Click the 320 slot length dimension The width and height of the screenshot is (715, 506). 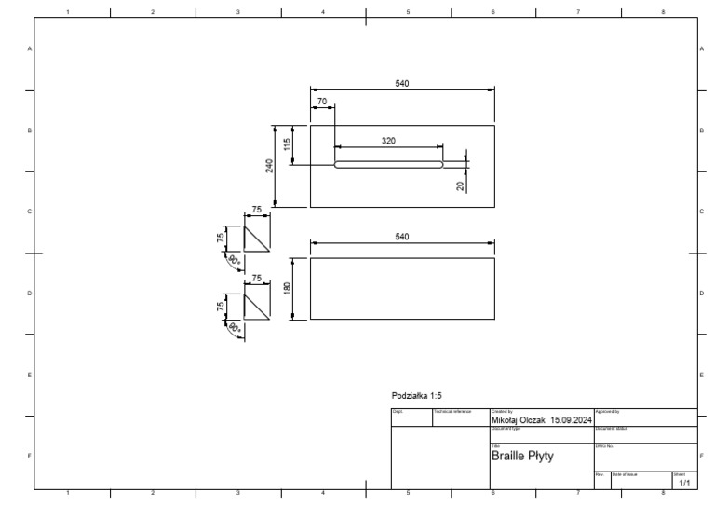pyautogui.click(x=388, y=141)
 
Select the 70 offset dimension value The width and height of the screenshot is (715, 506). pyautogui.click(x=322, y=101)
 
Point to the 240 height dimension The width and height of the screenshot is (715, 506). pyautogui.click(x=269, y=166)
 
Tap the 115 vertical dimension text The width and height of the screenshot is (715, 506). pyautogui.click(x=289, y=144)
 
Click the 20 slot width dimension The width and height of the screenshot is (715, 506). pyautogui.click(x=460, y=185)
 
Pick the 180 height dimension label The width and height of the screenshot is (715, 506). pyautogui.click(x=288, y=289)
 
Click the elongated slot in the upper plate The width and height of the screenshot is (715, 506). pyautogui.click(x=388, y=165)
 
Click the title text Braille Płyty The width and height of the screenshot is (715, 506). pyautogui.click(x=521, y=457)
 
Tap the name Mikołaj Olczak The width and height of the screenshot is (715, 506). pyautogui.click(x=518, y=420)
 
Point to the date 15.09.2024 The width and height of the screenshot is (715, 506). pyautogui.click(x=571, y=420)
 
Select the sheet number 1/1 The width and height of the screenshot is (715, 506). pyautogui.click(x=684, y=484)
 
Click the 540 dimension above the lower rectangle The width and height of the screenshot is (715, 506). pyautogui.click(x=402, y=237)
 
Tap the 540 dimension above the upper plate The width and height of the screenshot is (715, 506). pyautogui.click(x=402, y=84)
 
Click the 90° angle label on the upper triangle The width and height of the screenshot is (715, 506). pyautogui.click(x=234, y=261)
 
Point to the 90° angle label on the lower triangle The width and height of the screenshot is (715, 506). pyautogui.click(x=234, y=329)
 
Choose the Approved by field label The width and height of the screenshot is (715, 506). pyautogui.click(x=607, y=411)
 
